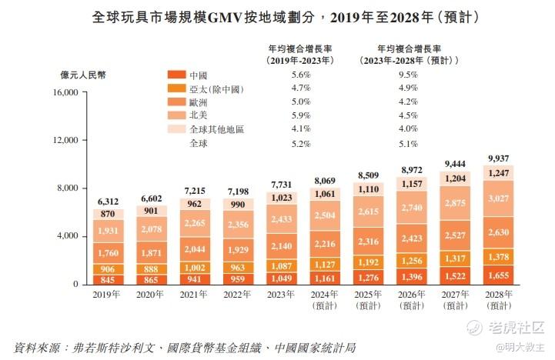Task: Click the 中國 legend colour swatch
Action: pos(176,75)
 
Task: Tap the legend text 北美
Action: pos(198,115)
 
